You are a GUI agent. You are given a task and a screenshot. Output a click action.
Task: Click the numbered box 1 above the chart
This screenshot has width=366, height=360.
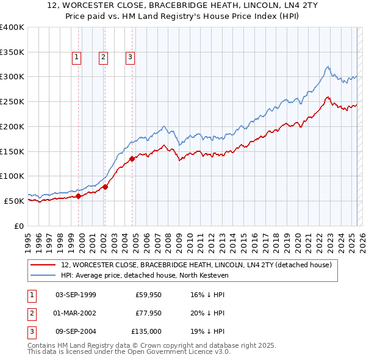[76, 57]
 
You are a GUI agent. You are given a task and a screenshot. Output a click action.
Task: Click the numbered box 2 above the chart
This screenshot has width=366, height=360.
[103, 57]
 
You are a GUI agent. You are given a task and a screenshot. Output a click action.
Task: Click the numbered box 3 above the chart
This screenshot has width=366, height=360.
[131, 57]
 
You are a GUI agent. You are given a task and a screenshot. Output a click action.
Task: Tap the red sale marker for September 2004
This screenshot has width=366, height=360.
[132, 159]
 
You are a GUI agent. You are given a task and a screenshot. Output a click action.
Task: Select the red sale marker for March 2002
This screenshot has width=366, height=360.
[105, 187]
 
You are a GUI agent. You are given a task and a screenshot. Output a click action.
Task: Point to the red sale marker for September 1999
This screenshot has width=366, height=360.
[78, 196]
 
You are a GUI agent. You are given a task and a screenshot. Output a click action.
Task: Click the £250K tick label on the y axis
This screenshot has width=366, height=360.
[12, 101]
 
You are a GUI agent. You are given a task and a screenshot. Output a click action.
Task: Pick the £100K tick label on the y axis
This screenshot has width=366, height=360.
[12, 176]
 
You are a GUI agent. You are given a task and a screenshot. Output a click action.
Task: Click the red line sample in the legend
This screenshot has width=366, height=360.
[43, 265]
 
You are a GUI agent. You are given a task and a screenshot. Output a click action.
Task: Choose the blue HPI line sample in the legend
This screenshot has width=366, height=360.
[43, 276]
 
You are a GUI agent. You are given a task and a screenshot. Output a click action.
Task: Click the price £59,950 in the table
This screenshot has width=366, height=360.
[148, 295]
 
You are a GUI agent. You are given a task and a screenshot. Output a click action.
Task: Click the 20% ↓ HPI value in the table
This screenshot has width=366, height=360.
[207, 313]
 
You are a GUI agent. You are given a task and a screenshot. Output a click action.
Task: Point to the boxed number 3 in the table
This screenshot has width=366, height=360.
[30, 331]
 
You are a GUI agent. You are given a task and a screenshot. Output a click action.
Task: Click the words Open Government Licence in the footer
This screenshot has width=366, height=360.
[178, 351]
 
